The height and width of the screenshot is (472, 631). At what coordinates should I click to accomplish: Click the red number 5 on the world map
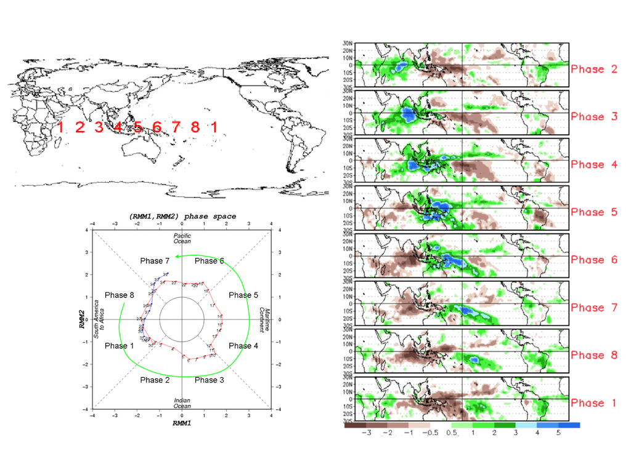click(137, 127)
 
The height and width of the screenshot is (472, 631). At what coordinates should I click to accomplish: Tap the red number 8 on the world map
click(195, 127)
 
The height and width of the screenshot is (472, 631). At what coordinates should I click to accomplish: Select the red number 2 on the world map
click(79, 127)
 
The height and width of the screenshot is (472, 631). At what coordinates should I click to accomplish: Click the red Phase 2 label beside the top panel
click(593, 69)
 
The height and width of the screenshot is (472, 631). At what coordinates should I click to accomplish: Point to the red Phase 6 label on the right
click(593, 260)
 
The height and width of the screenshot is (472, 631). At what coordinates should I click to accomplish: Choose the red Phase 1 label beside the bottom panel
click(593, 403)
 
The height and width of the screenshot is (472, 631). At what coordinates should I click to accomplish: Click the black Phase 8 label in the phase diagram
click(119, 295)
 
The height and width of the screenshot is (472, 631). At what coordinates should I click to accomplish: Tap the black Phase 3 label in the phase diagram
click(210, 380)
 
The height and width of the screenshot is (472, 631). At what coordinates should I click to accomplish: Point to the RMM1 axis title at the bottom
click(181, 423)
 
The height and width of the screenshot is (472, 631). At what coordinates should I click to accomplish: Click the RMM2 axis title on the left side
click(82, 319)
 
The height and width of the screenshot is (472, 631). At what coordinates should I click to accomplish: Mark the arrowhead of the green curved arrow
click(177, 256)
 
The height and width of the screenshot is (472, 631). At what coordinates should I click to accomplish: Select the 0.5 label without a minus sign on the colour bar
click(452, 433)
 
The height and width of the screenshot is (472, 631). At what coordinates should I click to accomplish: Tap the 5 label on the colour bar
click(558, 433)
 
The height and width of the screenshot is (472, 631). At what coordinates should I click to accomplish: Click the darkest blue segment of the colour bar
click(569, 425)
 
